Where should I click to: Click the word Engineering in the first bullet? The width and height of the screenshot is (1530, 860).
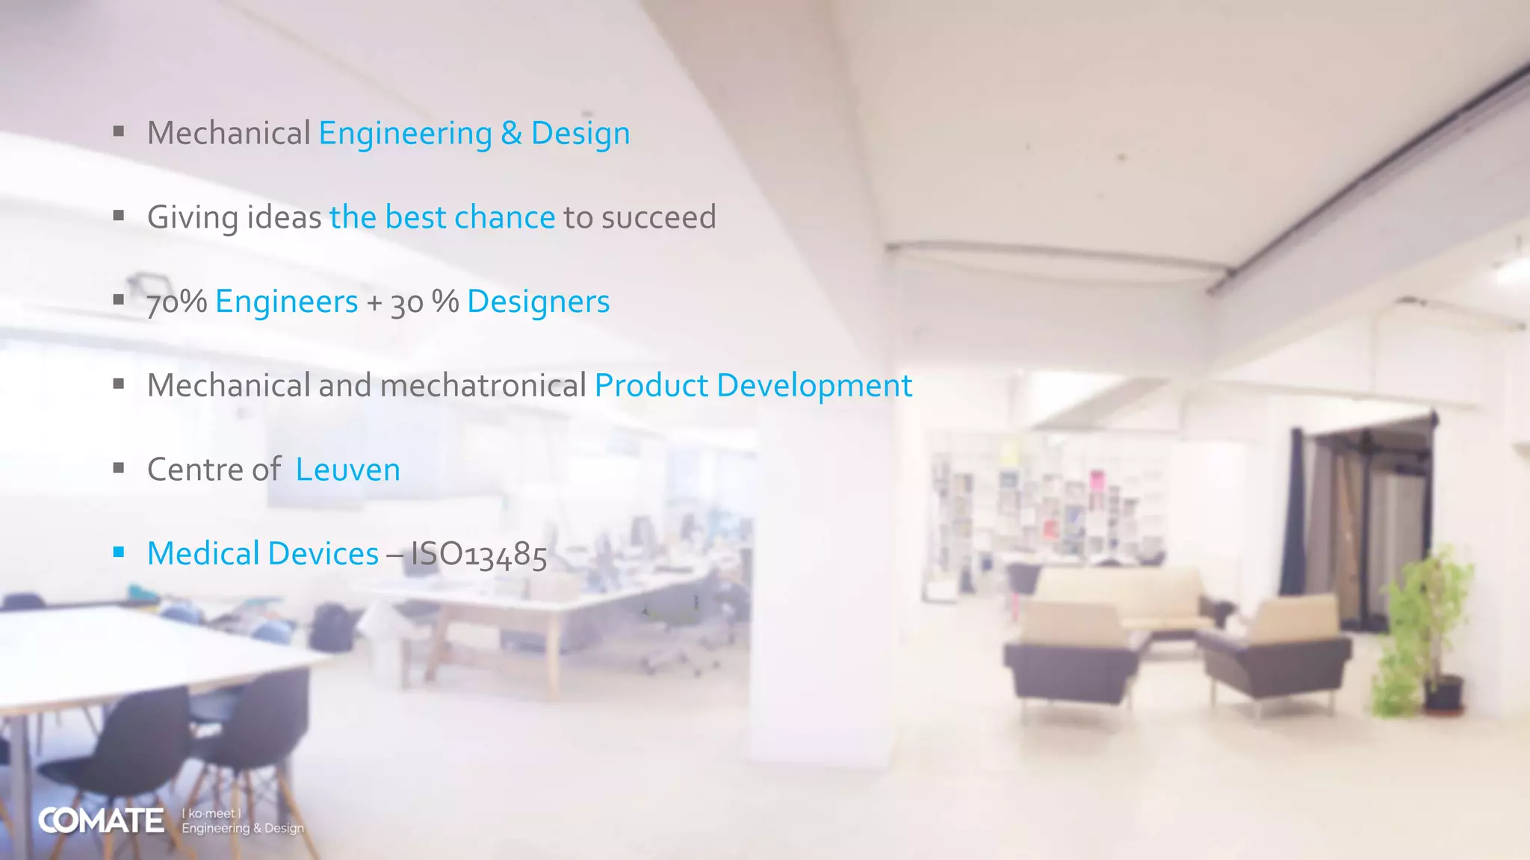click(405, 134)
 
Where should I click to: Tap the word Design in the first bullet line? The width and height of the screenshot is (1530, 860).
click(580, 134)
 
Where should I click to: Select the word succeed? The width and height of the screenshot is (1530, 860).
click(658, 218)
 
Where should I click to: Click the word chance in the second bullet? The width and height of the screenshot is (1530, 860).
click(504, 218)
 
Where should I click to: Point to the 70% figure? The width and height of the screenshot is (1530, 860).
click(176, 302)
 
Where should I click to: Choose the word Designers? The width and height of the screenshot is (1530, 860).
click(538, 302)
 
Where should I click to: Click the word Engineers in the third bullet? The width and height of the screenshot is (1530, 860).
click(286, 302)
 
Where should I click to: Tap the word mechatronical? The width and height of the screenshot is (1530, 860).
click(483, 386)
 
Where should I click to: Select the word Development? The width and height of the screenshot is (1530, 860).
click(814, 386)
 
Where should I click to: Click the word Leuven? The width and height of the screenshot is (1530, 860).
click(347, 470)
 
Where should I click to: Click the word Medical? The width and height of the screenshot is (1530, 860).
click(203, 554)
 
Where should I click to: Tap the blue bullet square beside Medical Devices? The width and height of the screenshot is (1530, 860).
click(118, 552)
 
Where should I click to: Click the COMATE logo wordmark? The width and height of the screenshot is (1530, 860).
click(101, 820)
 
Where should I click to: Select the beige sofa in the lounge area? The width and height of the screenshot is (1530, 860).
click(1121, 597)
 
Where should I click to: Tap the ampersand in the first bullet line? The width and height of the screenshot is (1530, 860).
click(511, 134)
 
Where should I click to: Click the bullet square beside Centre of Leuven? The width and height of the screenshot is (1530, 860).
click(118, 468)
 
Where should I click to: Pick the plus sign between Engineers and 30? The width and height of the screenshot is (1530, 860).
click(374, 303)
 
